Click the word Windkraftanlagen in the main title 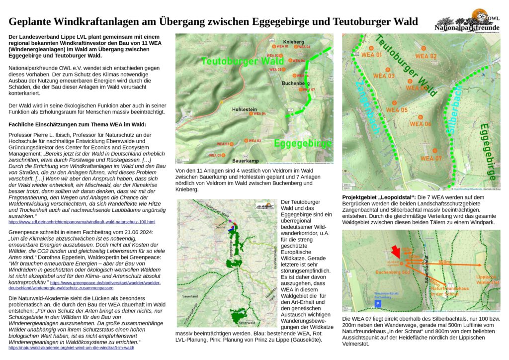(102, 22)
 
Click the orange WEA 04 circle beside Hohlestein (252, 114)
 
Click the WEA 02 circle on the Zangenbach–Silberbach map (424, 48)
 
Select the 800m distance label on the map (445, 261)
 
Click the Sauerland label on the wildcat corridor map (191, 296)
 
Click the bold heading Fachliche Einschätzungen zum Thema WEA (78, 124)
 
